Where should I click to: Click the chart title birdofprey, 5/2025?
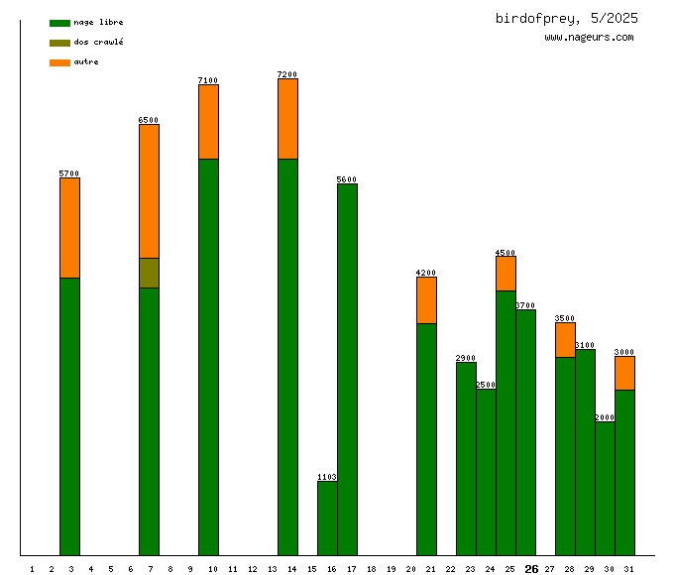[566, 18]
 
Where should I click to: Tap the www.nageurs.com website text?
[589, 38]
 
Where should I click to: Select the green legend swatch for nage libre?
[59, 22]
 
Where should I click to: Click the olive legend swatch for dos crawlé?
[59, 43]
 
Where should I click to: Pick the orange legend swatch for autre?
[59, 62]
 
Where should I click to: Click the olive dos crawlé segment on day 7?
[149, 273]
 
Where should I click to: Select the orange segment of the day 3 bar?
[69, 228]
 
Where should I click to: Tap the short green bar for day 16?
[327, 517]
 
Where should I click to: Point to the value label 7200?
[287, 74]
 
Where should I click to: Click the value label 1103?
[327, 477]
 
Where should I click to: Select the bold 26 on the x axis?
[531, 569]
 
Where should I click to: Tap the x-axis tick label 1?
[32, 569]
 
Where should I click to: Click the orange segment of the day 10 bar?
[208, 122]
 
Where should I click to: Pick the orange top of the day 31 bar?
[624, 373]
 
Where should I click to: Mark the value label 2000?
[605, 417]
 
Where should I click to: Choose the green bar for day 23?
[466, 458]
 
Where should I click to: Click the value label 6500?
[149, 120]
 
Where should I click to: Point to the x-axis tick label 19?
[391, 569]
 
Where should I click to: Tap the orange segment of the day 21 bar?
[426, 300]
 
